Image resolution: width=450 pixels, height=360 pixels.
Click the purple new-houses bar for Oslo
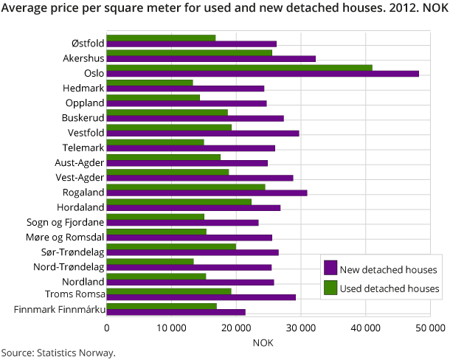[x=263, y=74]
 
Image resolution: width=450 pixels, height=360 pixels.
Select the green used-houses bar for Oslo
[x=240, y=66]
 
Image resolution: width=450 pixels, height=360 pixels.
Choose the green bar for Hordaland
[x=179, y=201]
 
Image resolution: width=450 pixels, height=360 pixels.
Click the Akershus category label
[x=82, y=58]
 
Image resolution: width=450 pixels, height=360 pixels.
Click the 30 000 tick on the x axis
[x=300, y=327]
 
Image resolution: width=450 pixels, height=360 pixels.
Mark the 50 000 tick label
[x=429, y=327]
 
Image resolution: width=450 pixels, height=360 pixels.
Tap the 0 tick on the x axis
[x=107, y=327]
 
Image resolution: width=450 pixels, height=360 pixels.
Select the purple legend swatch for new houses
[x=330, y=269]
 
